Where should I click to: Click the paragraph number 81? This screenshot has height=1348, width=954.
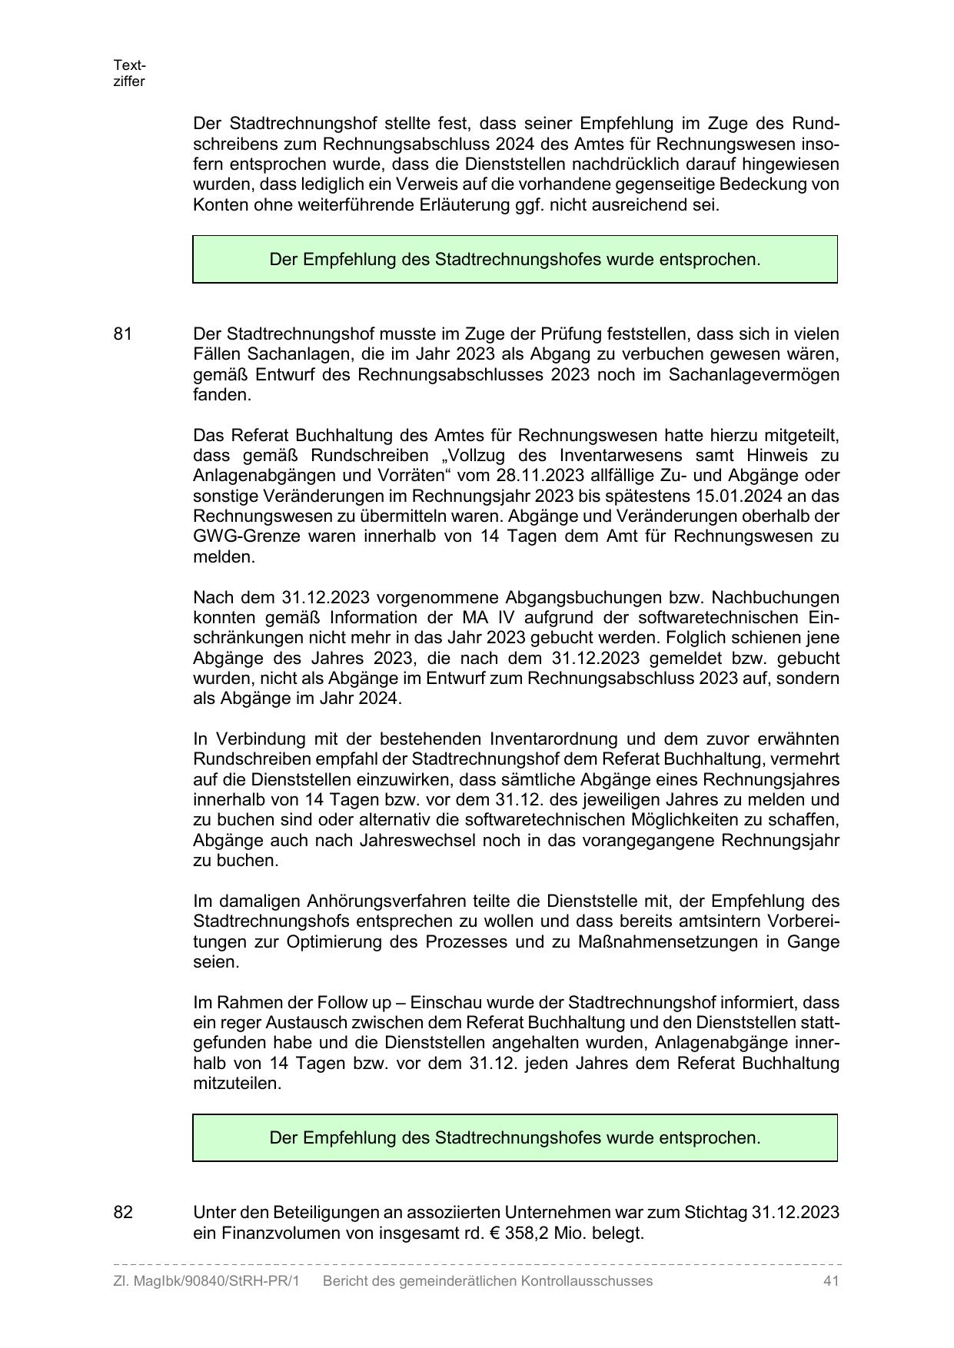123,334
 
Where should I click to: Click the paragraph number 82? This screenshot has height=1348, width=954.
123,1213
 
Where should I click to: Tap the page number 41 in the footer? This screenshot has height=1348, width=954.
830,1281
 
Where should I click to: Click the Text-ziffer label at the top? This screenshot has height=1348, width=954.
129,73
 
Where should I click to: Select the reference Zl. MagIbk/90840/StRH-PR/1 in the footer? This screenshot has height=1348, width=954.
206,1281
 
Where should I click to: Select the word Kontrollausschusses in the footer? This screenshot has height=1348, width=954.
587,1281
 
